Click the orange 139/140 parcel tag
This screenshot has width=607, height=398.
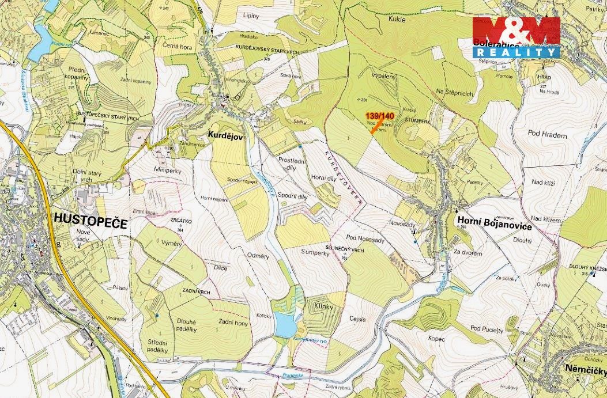380,116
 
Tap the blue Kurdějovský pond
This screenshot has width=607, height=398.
284,325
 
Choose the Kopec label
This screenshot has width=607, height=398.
436,339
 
